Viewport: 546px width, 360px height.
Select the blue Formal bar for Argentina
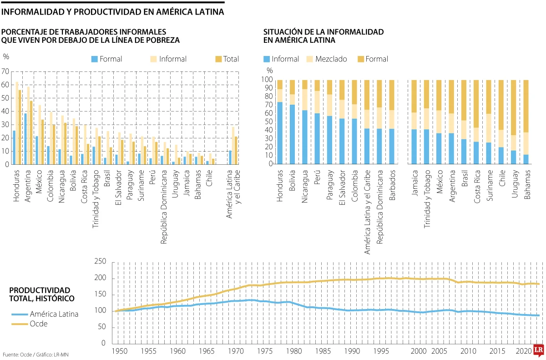[x=25, y=139]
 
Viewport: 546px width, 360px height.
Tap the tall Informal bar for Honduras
[x=17, y=123]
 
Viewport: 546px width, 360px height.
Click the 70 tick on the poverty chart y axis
[x=5, y=71]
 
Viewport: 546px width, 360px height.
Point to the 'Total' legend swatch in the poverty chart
[x=218, y=59]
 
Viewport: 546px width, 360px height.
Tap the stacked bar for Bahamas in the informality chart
[x=526, y=122]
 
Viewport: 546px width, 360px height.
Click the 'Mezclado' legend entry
[x=328, y=59]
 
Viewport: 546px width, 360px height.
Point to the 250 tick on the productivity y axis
[x=99, y=262]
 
